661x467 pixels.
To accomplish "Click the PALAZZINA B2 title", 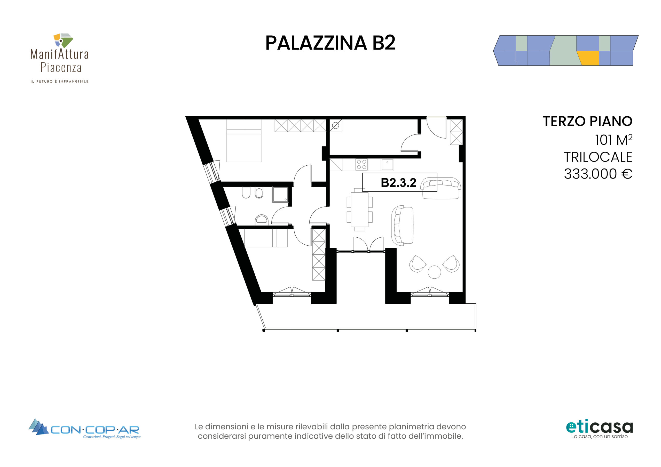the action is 330,43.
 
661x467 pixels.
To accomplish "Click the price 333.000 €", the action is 598,174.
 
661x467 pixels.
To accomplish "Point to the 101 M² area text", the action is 613,140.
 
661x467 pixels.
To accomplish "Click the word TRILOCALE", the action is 598,157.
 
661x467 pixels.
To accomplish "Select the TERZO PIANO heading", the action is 588,121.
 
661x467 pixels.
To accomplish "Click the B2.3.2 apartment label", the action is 398,182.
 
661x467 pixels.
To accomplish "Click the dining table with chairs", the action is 360,210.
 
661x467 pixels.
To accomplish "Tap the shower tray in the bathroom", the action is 280,195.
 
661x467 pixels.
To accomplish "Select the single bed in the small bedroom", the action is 266,238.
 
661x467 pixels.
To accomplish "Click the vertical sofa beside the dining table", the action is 403,225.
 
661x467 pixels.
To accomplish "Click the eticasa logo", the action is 599,429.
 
